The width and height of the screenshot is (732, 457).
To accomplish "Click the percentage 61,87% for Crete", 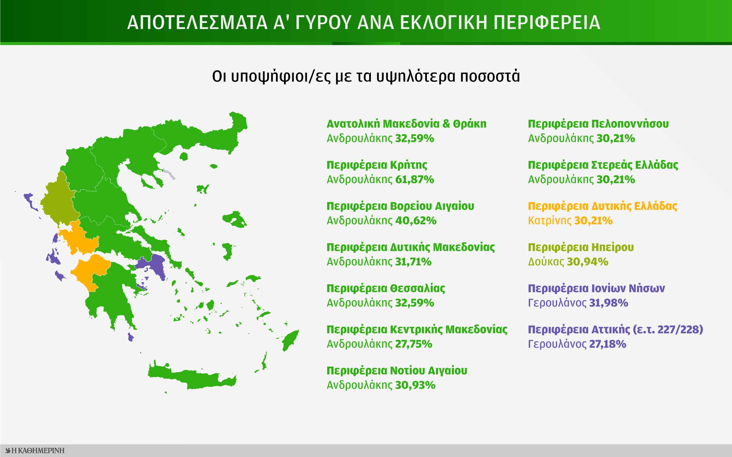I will click(x=414, y=180).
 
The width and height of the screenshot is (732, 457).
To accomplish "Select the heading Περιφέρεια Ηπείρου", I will click(x=580, y=247).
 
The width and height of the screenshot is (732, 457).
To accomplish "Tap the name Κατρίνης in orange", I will click(x=549, y=221).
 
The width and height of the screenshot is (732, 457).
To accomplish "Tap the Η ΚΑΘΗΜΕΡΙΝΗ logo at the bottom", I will click(x=35, y=450).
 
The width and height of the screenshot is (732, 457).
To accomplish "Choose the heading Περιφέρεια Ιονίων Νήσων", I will click(x=596, y=288).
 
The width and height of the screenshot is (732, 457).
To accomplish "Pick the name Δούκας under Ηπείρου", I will click(x=546, y=262).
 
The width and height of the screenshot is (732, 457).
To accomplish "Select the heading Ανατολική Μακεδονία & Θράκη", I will click(x=406, y=124).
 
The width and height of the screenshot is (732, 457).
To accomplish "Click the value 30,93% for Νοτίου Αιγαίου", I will click(x=415, y=385).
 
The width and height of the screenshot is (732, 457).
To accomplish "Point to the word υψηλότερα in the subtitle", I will click(x=416, y=76).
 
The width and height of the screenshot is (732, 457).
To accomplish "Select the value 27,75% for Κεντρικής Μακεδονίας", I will click(x=413, y=344).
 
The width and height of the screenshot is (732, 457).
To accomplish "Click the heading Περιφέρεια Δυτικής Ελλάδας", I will click(x=602, y=206).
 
